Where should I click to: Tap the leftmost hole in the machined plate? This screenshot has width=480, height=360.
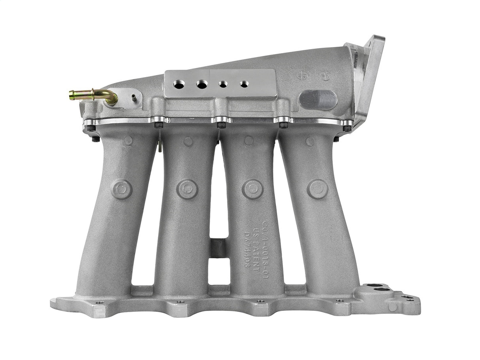pos(179,83)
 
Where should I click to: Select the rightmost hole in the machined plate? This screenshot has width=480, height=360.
pos(244,84)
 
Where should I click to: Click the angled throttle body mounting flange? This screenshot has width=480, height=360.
pos(369,79)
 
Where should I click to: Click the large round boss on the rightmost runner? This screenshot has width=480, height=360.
pos(317,189)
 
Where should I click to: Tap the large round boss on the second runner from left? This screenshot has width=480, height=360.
pos(187,189)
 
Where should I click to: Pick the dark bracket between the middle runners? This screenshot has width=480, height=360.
pos(218,248)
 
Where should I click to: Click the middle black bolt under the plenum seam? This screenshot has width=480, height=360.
pos(221,125)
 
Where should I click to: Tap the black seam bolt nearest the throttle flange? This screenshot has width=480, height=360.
pos(347,128)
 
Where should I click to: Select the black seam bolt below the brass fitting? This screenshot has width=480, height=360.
pos(91,128)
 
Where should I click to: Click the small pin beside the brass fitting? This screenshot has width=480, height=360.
pos(134,96)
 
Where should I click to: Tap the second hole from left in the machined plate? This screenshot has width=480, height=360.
pos(202,84)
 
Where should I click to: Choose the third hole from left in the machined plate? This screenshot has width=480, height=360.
pos(223,84)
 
